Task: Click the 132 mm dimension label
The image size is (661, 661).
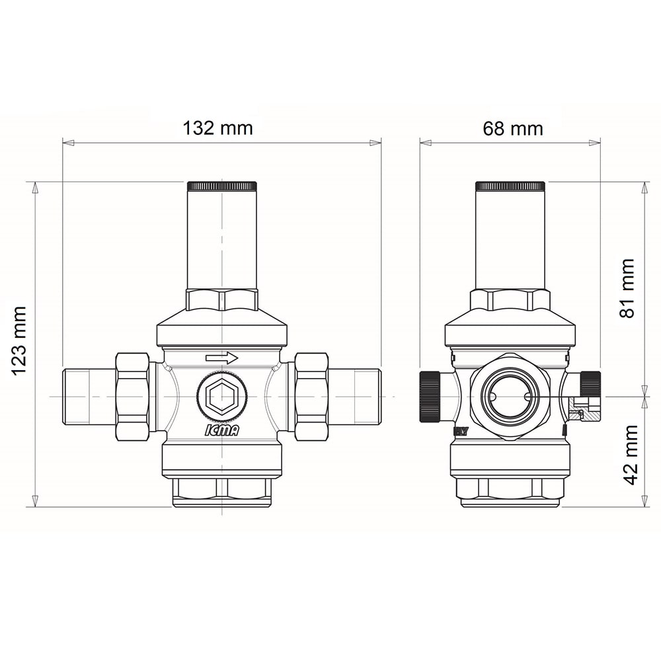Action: point(217,128)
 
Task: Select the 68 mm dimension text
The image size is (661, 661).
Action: point(512,128)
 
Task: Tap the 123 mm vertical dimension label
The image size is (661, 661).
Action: point(20,340)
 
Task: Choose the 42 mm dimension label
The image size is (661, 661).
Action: point(631,455)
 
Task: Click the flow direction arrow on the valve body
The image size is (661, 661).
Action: point(221,358)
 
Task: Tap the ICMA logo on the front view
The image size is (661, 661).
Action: point(221,430)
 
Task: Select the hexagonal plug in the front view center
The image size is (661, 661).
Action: point(222,397)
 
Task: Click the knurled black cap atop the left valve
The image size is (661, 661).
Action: point(222,186)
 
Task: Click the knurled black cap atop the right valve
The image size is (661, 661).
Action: point(510,186)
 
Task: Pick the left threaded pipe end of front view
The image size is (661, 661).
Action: point(89,397)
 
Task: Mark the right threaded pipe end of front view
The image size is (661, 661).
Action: point(355,397)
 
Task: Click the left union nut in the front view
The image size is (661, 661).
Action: point(132,397)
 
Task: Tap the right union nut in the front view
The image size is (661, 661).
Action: point(311,397)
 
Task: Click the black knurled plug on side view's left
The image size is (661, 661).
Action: point(430,397)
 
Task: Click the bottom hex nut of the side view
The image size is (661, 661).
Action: point(510,489)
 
